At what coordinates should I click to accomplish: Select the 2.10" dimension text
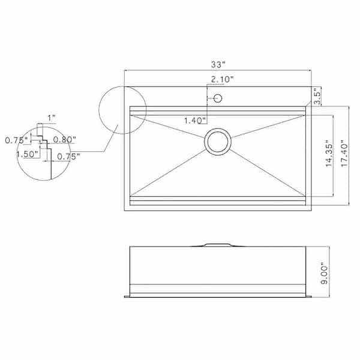coord(222,79)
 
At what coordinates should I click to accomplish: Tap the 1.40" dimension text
coord(196,121)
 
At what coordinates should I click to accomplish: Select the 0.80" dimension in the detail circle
coord(64,140)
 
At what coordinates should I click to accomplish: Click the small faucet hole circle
coord(218,98)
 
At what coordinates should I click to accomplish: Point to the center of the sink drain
coord(217,142)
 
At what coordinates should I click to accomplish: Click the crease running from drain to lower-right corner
coord(270,171)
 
